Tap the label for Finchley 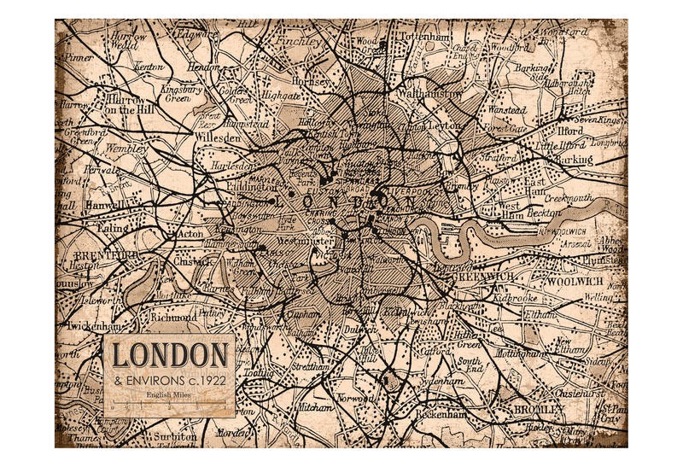tap(299, 40)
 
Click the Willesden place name tap(215, 137)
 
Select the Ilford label tap(572, 131)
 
